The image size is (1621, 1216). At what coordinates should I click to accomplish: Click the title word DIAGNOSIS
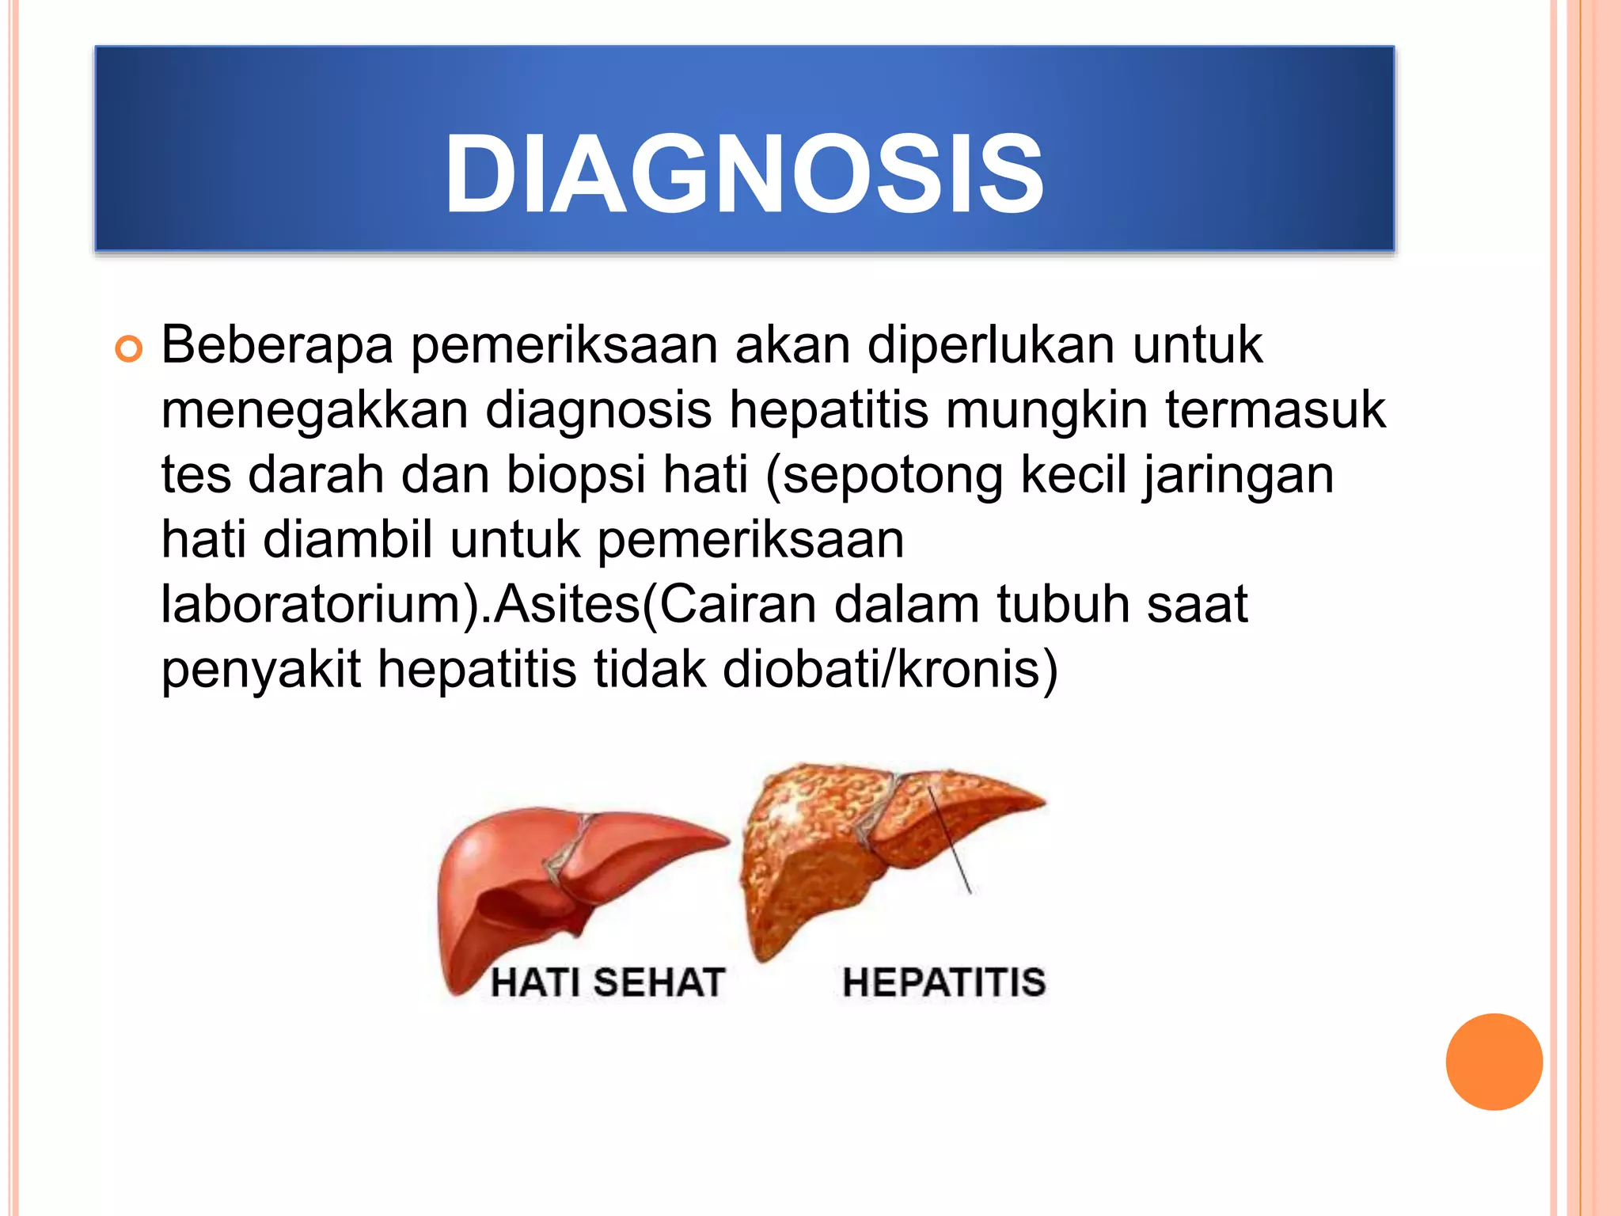(744, 174)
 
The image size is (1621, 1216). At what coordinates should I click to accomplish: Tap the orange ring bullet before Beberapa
(128, 348)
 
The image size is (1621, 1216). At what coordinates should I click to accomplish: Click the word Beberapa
(277, 345)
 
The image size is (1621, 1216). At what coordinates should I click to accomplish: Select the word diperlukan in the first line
(992, 345)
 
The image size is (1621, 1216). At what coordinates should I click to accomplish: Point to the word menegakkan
(314, 410)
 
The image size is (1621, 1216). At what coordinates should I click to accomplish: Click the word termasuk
(1275, 410)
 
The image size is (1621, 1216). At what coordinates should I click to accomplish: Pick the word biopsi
(576, 475)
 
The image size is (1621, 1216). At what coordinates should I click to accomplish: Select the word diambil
(347, 540)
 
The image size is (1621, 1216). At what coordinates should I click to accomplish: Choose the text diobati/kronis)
(890, 670)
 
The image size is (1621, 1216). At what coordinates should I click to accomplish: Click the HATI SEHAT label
(608, 982)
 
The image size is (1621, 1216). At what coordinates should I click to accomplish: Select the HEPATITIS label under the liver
(944, 982)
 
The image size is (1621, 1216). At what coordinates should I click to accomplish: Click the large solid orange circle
(1494, 1062)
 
